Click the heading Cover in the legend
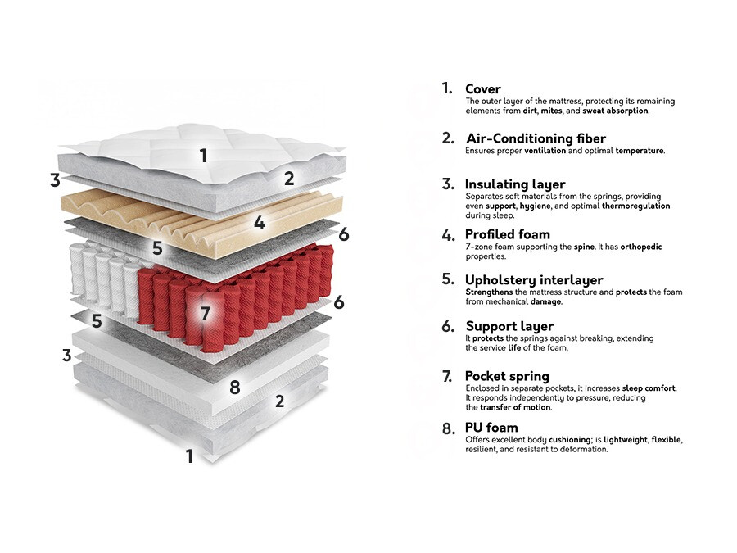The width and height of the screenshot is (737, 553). [482, 88]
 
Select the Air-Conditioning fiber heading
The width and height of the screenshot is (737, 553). [536, 138]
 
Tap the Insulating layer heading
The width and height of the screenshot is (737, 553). [515, 184]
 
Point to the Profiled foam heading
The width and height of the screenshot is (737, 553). [507, 234]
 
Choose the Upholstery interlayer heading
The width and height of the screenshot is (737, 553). [534, 280]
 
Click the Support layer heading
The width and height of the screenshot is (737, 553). [509, 326]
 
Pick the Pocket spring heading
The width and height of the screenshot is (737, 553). [507, 376]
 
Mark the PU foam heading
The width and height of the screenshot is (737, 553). [491, 428]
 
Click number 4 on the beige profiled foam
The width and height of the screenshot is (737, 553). [259, 223]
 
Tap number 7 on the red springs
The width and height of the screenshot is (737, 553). [205, 313]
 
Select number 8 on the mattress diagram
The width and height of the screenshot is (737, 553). [234, 388]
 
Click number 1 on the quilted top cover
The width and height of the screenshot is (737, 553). [203, 155]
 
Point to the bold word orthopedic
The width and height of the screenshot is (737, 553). [641, 247]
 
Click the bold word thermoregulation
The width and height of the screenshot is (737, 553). [636, 206]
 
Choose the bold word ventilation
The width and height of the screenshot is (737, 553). [545, 151]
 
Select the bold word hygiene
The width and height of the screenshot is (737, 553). [536, 206]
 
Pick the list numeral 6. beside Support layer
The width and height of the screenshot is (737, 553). [448, 326]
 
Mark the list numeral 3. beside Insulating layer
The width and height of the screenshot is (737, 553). [448, 184]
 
